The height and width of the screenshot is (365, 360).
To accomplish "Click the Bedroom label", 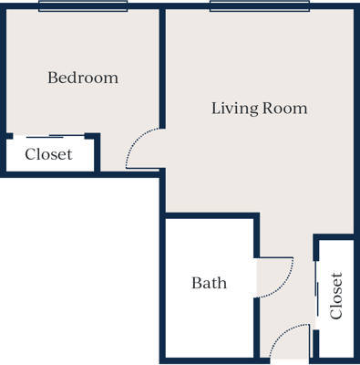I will [83, 78].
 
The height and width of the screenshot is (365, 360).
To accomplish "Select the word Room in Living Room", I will [285, 109].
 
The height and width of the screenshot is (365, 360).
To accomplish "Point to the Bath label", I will [209, 283].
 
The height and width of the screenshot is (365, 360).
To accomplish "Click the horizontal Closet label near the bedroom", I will [48, 154].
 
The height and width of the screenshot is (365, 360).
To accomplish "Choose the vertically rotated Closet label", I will [336, 296].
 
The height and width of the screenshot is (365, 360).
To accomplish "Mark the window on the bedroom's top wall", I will [83, 6].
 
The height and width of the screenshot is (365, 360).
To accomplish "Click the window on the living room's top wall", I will [258, 6].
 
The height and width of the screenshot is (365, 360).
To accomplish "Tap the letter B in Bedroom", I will [52, 78].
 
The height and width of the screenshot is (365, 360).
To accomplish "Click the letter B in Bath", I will [196, 283].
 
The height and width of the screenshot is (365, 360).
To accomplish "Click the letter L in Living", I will [216, 109].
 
